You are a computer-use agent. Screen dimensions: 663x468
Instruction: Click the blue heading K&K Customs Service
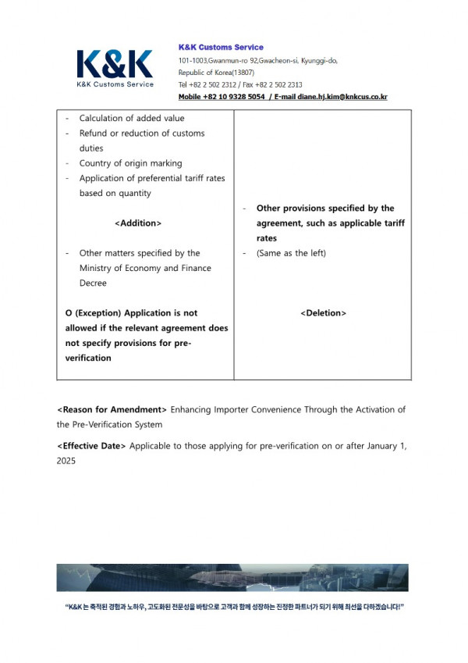click(221, 48)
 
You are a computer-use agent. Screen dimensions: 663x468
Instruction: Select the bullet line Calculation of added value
click(132, 119)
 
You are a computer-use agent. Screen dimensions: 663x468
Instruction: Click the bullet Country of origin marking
click(130, 163)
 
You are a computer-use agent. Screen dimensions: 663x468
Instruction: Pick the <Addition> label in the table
click(138, 223)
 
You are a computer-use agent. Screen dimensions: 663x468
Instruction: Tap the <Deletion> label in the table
click(323, 313)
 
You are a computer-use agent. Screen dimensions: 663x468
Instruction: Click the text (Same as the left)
click(291, 253)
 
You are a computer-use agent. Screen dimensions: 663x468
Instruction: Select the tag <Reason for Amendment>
click(112, 410)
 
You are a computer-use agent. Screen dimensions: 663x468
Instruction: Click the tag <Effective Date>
click(91, 446)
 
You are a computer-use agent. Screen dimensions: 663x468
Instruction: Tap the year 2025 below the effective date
click(67, 461)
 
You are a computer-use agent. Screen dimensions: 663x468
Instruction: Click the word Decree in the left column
click(93, 283)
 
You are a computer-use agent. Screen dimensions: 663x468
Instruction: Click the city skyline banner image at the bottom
click(232, 578)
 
